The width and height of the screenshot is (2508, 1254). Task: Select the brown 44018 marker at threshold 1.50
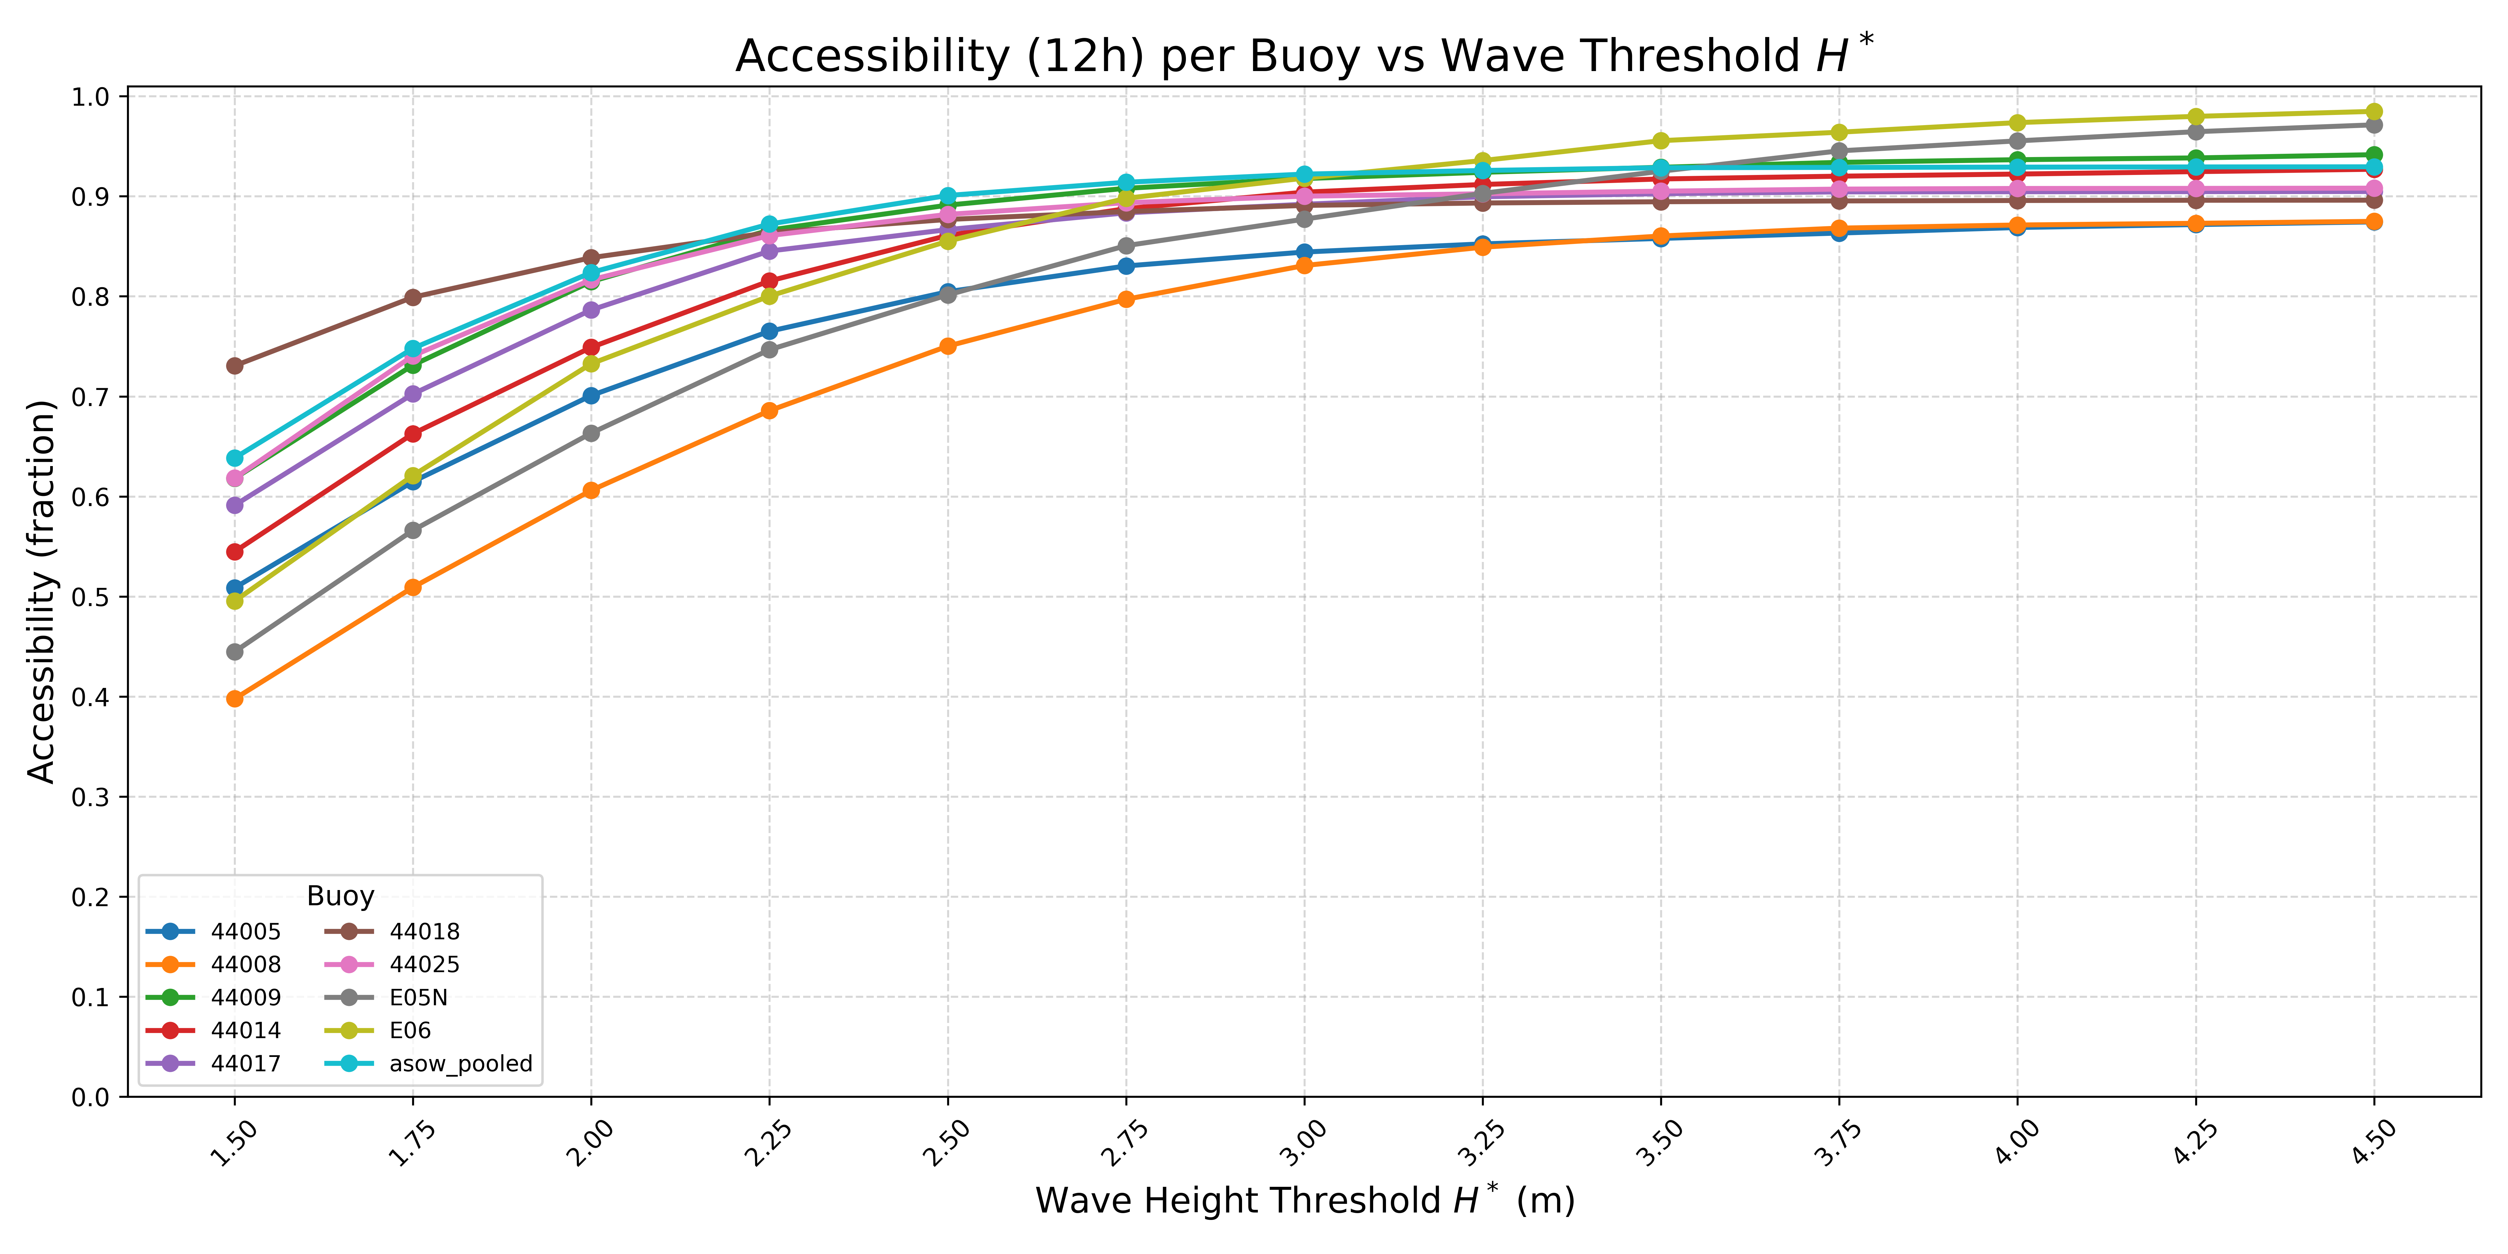[235, 366]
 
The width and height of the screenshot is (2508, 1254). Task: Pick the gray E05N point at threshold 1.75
[413, 531]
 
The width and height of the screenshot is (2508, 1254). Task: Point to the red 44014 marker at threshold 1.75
[413, 434]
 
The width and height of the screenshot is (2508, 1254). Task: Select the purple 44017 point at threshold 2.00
[591, 311]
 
